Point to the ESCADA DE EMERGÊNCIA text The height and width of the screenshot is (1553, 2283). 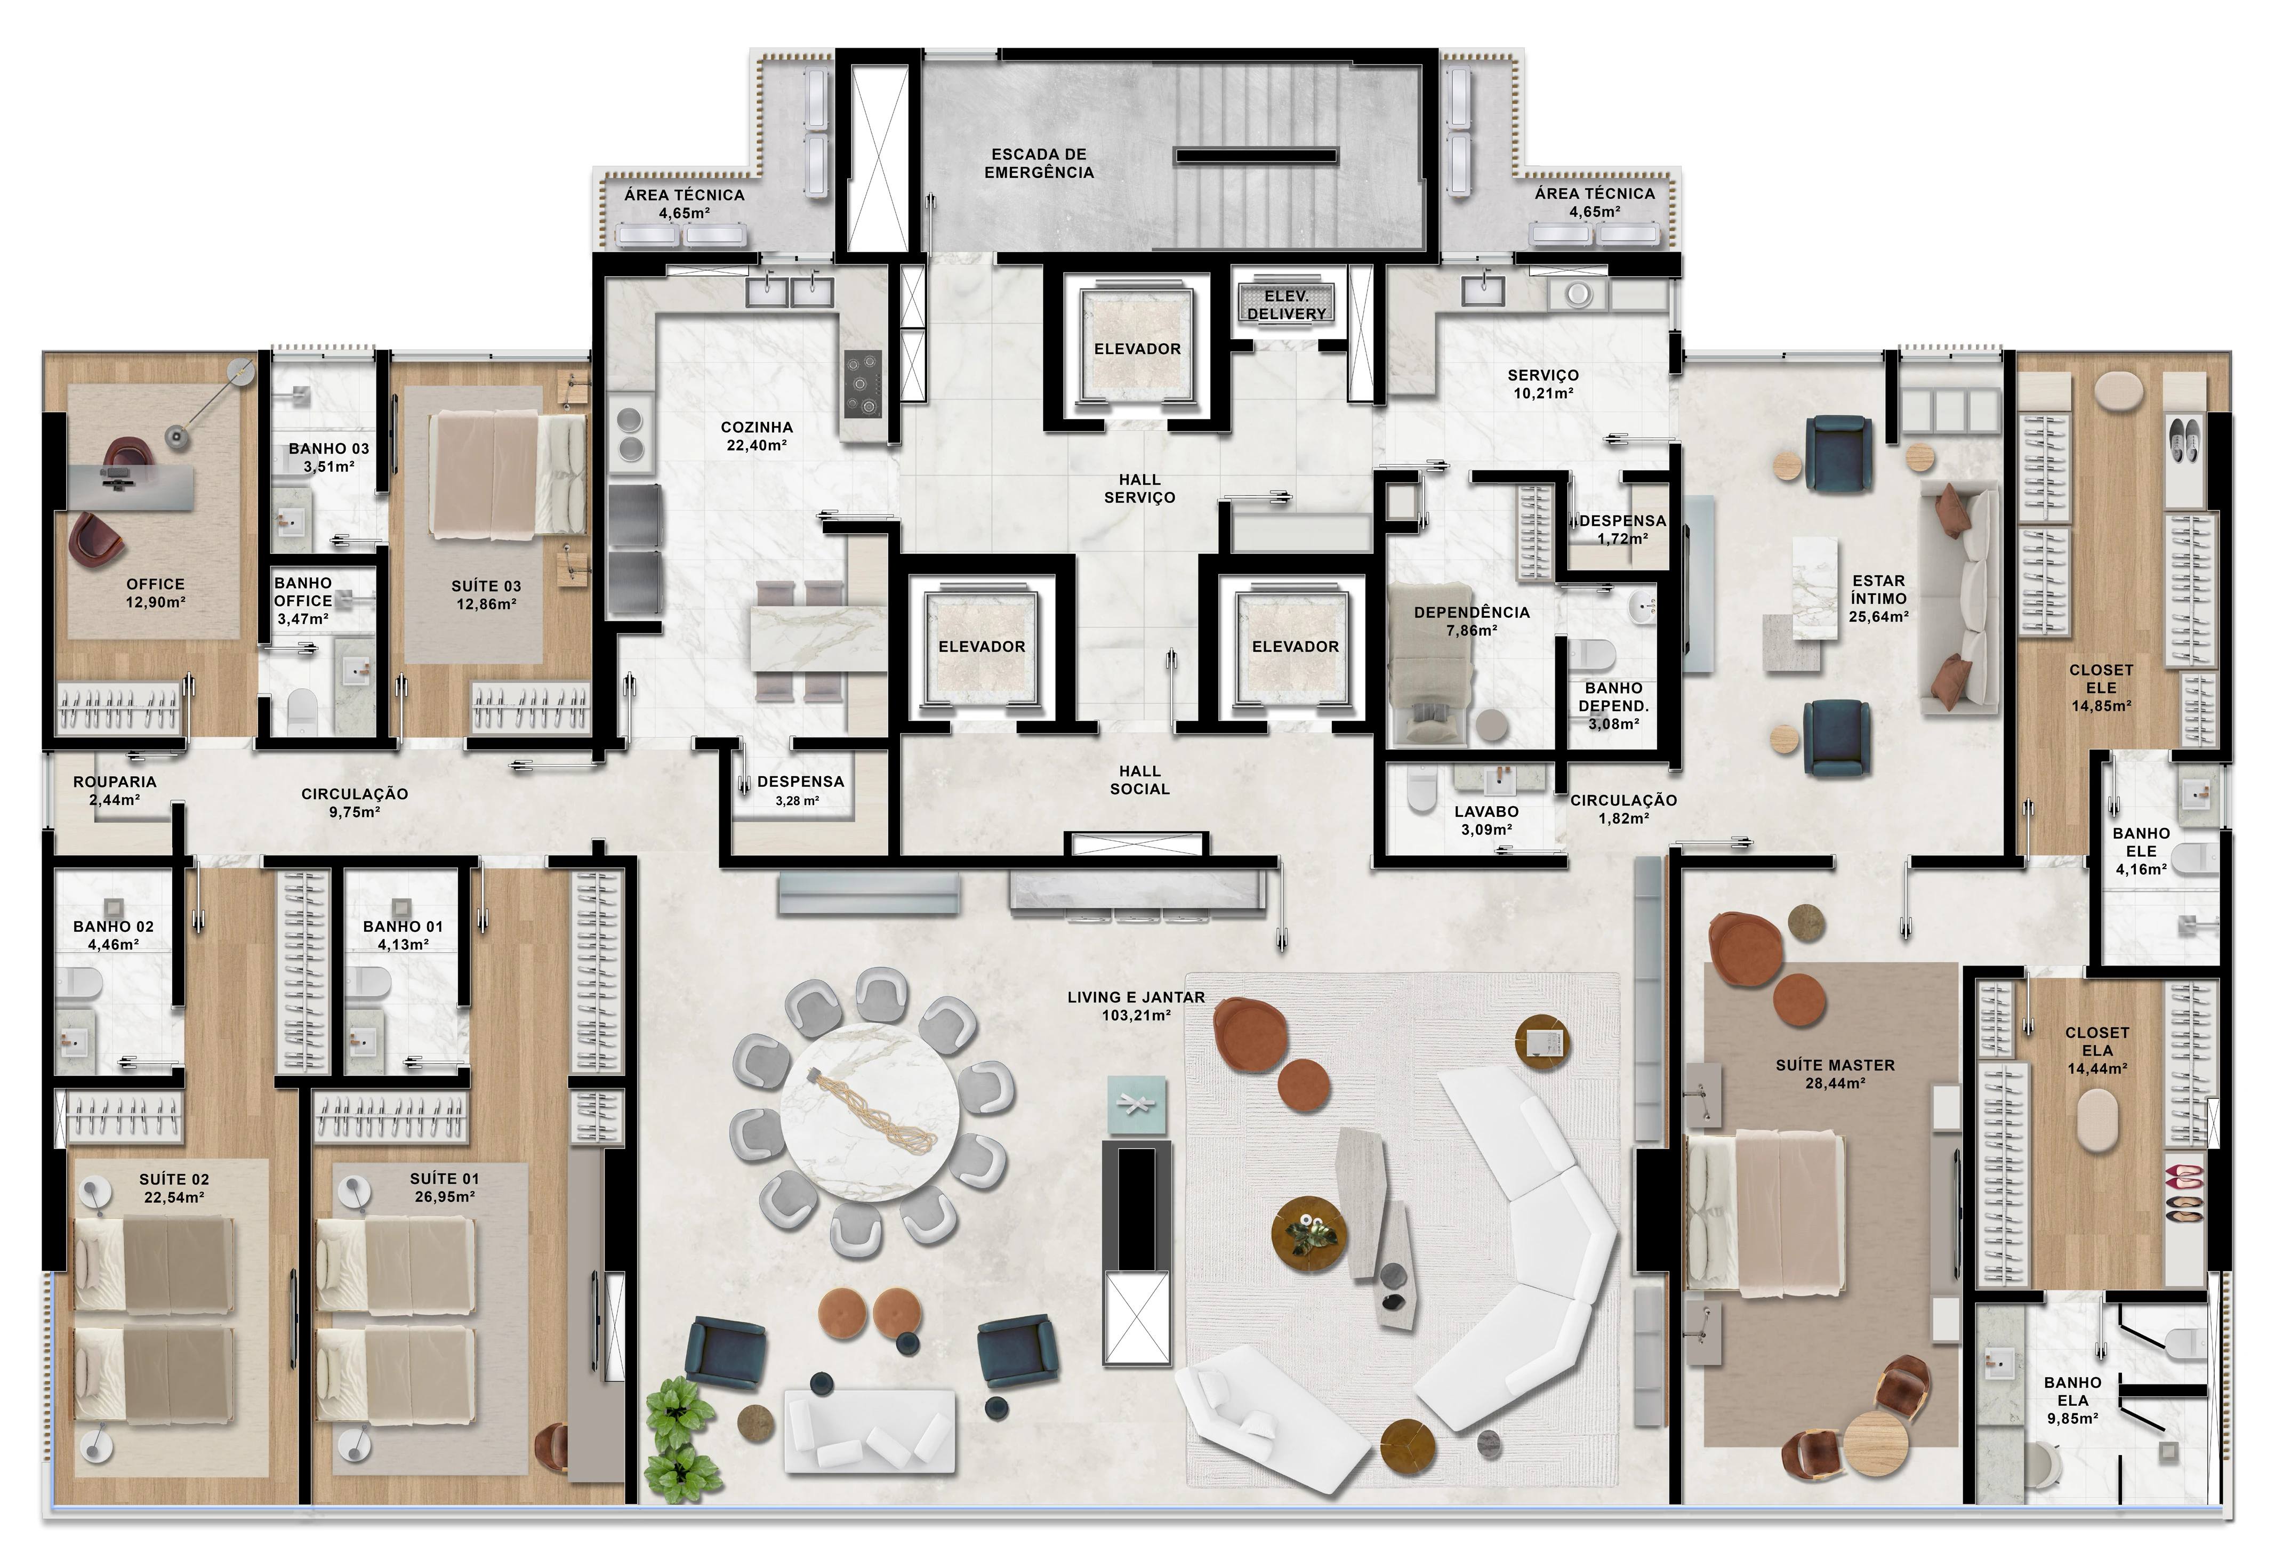pyautogui.click(x=1039, y=163)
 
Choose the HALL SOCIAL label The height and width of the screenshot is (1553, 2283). pyautogui.click(x=1139, y=780)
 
